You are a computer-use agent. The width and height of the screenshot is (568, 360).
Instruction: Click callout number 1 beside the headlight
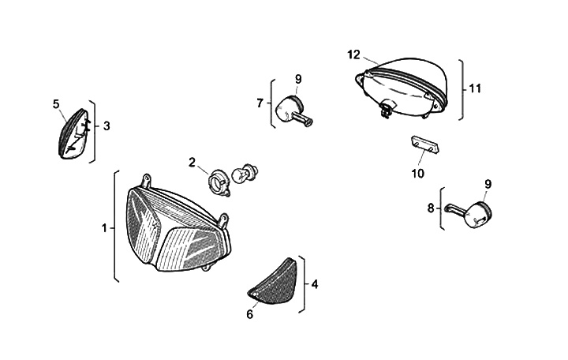pos(104,228)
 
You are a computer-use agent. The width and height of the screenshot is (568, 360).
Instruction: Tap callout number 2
pos(192,163)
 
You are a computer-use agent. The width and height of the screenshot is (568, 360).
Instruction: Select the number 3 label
pos(106,126)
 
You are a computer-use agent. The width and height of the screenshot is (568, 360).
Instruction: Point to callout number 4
pos(314,284)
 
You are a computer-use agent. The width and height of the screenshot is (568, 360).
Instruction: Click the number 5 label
pos(56,103)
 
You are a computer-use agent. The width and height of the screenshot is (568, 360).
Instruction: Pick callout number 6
pos(250,313)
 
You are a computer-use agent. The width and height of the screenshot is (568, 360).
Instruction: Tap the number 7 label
pos(260,103)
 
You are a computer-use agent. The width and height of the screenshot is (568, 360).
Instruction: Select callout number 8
pos(431,208)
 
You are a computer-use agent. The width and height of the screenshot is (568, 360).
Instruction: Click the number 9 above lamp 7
pos(299,78)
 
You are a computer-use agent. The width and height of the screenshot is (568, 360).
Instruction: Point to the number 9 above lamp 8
pos(488,184)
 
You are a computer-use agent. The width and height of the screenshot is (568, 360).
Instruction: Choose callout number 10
pos(417,172)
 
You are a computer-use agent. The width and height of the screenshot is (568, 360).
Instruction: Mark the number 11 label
pos(475,88)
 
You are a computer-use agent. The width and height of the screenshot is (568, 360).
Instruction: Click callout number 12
pos(353,54)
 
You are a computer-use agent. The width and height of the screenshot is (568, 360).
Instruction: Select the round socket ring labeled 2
pos(218,182)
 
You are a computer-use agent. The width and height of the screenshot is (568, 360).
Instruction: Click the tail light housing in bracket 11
pos(402,87)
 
